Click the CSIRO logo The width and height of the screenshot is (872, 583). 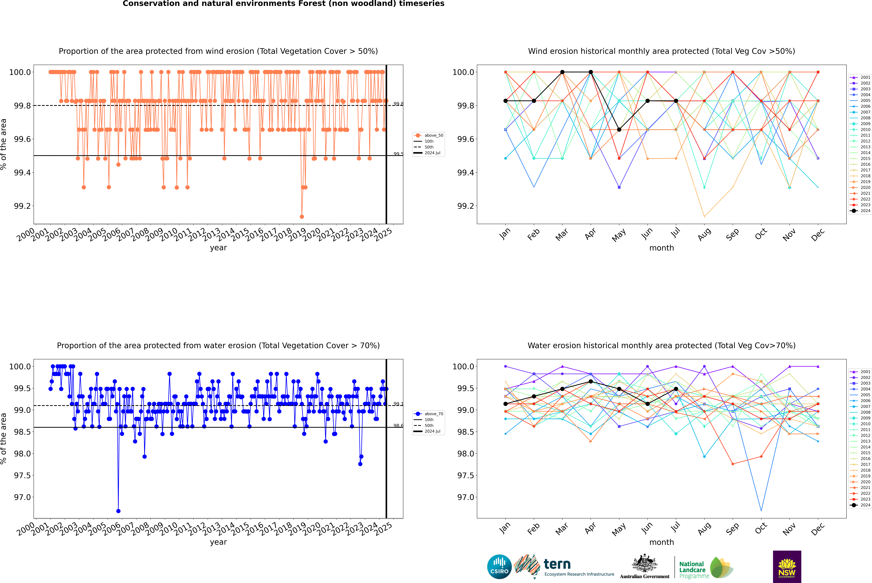pyautogui.click(x=499, y=567)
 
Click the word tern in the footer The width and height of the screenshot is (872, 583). pyautogui.click(x=557, y=564)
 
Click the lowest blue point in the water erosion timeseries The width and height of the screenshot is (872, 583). pyautogui.click(x=118, y=511)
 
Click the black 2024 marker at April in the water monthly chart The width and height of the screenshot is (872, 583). pyautogui.click(x=591, y=381)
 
